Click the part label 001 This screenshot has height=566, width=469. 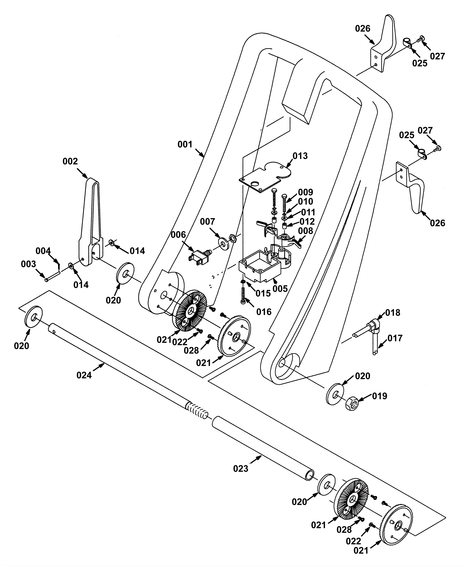pyautogui.click(x=185, y=144)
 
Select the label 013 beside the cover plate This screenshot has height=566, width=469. pyautogui.click(x=300, y=156)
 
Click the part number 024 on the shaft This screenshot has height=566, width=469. pyautogui.click(x=84, y=375)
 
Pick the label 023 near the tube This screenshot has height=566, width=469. pyautogui.click(x=241, y=469)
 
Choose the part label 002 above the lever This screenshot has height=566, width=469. pyautogui.click(x=70, y=161)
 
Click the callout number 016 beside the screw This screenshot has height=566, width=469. pyautogui.click(x=264, y=312)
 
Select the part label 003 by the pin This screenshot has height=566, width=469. pyautogui.click(x=28, y=264)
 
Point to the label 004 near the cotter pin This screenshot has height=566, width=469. pyautogui.click(x=43, y=251)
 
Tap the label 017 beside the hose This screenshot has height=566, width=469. pyautogui.click(x=395, y=338)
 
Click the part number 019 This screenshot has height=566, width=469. pyautogui.click(x=380, y=396)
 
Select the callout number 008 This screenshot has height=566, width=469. pyautogui.click(x=305, y=231)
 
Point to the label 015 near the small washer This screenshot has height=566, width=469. pyautogui.click(x=263, y=293)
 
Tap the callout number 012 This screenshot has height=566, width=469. pyautogui.click(x=307, y=221)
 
